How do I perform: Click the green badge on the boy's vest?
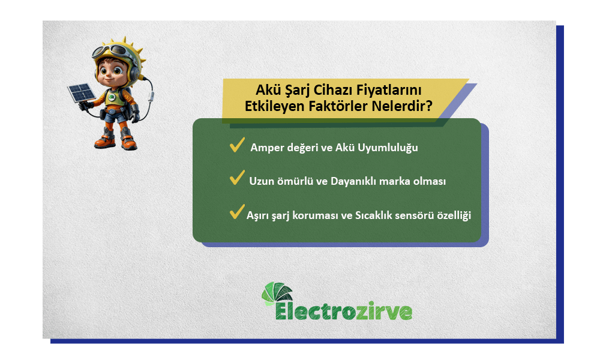click(112, 97)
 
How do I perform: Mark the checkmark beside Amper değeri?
click(236, 145)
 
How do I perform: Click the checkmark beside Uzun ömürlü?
click(236, 179)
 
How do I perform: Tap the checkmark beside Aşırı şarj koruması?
click(236, 214)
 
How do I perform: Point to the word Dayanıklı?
click(355, 181)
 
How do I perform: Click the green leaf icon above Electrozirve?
click(277, 293)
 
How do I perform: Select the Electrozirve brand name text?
click(343, 312)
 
